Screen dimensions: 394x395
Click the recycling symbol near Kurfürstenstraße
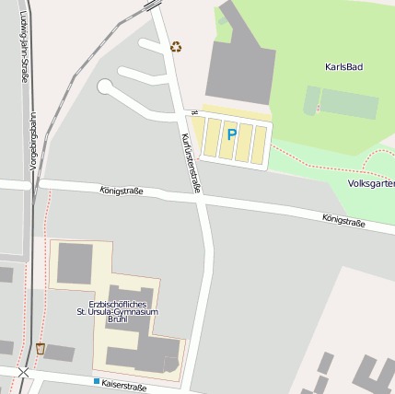(176, 46)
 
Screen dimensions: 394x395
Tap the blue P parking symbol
(232, 134)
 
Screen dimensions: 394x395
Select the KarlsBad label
(344, 67)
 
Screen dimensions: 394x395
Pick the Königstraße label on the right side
(343, 221)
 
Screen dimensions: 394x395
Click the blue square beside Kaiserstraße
(96, 380)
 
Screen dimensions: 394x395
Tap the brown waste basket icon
(41, 348)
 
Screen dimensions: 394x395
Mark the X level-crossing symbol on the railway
(23, 373)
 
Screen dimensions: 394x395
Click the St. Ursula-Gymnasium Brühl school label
(118, 312)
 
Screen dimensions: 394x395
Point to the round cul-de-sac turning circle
(105, 87)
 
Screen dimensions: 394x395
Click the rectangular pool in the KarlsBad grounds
(348, 103)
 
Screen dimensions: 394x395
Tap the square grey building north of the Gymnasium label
(76, 264)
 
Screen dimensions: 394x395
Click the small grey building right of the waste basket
(60, 353)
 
